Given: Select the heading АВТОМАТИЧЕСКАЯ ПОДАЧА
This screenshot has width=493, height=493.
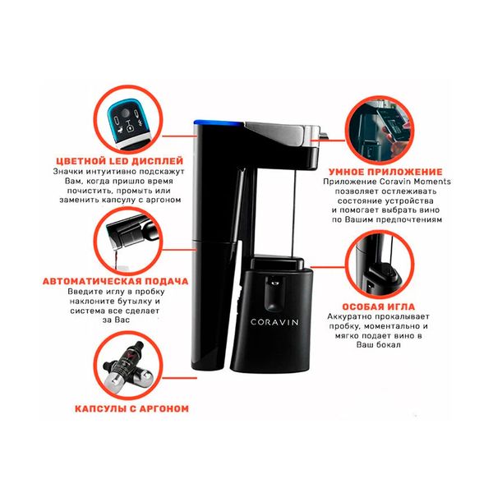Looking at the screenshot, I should click(116, 281).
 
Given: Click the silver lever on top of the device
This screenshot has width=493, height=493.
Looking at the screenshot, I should click(283, 128).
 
